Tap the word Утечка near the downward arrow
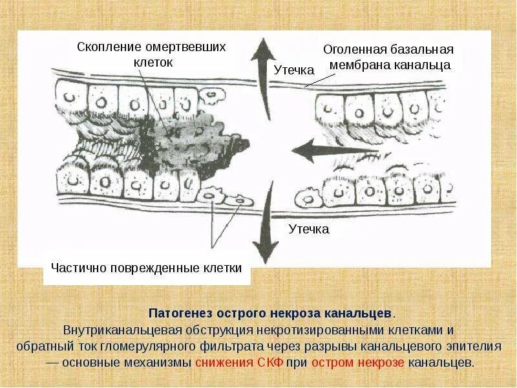(x=308, y=229)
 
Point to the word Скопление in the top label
(x=108, y=47)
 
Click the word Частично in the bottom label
(x=78, y=268)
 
